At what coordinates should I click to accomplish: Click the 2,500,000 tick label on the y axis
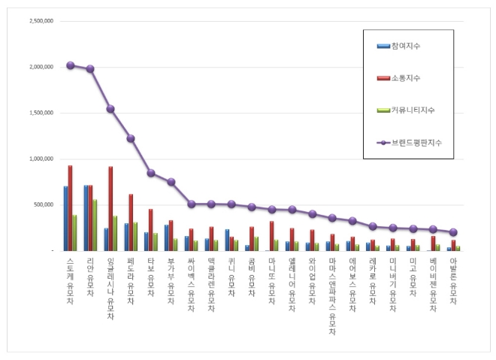click(41, 21)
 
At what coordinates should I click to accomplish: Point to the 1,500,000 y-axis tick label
click(41, 113)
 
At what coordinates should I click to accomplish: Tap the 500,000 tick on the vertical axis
click(44, 204)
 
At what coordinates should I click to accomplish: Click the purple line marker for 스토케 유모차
click(71, 65)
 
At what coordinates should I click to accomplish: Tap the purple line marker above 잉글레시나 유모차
click(110, 109)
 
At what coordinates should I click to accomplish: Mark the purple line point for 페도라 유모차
click(131, 138)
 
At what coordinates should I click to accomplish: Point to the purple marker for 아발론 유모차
click(453, 232)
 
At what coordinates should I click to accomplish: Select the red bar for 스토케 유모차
click(71, 208)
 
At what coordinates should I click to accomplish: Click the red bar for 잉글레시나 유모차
click(110, 209)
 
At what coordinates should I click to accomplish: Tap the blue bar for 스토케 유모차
click(65, 218)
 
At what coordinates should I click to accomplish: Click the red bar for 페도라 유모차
click(131, 222)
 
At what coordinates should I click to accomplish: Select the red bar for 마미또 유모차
click(271, 235)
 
